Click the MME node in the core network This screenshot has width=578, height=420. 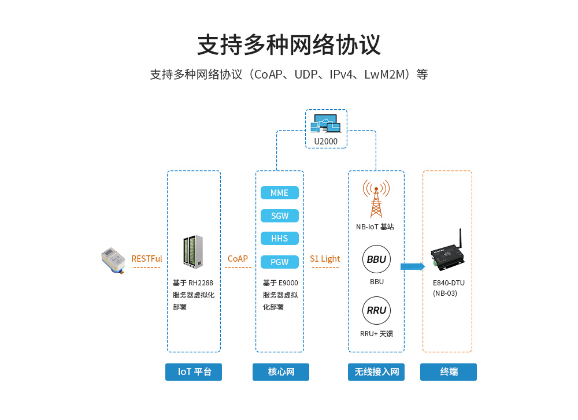tap(279, 193)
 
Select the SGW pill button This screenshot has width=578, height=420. tap(279, 216)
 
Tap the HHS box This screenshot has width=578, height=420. tap(279, 239)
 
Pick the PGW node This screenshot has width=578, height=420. tap(279, 262)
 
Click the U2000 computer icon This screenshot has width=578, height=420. tap(325, 124)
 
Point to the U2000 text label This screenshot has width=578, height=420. tap(325, 142)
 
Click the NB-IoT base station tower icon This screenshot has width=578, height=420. tap(376, 198)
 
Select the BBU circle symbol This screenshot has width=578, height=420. tap(376, 259)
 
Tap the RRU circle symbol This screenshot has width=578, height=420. tap(376, 310)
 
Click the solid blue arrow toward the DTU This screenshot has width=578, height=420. tap(413, 266)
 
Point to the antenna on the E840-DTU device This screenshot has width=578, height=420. tap(461, 238)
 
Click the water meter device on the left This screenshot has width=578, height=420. tap(113, 261)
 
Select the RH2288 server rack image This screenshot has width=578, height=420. tap(193, 252)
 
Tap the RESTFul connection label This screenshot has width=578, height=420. tap(147, 259)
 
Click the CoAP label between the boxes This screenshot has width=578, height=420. tap(238, 259)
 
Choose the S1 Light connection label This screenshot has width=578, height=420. tap(325, 259)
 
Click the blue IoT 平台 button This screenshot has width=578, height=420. tap(194, 372)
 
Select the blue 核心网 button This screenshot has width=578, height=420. tap(281, 372)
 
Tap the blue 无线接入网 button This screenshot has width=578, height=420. tap(376, 372)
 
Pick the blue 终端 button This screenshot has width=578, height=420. tap(449, 372)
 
